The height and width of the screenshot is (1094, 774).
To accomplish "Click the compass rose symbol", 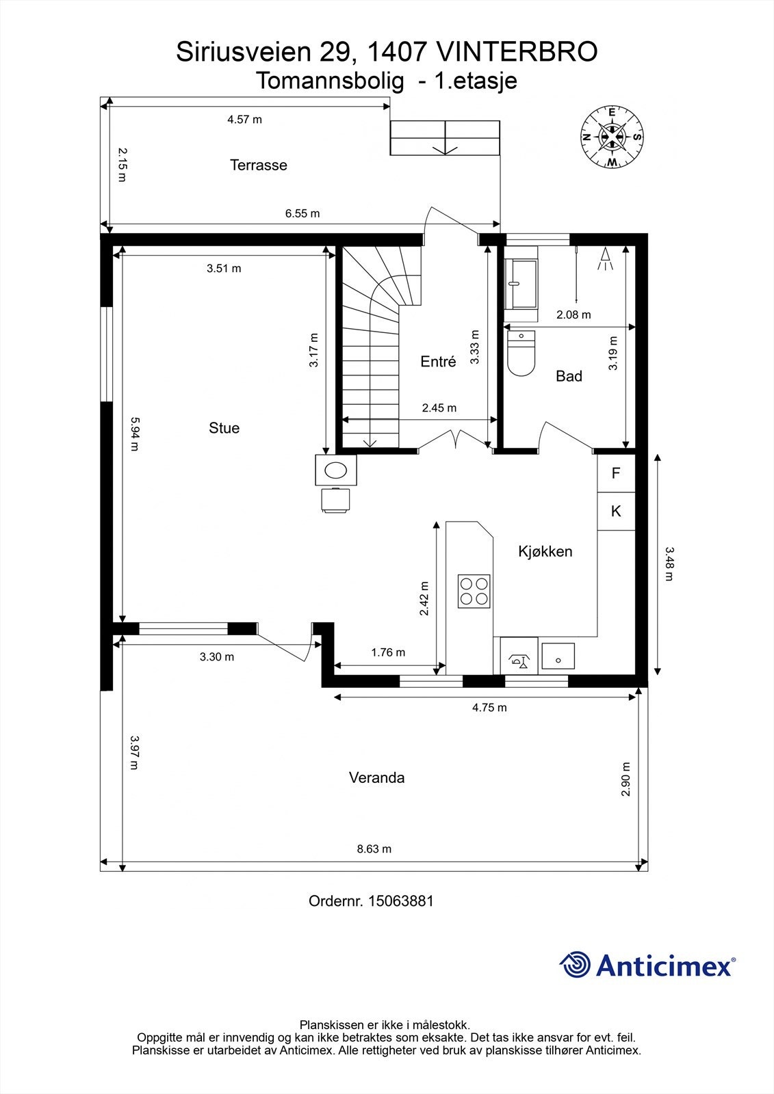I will click(612, 137).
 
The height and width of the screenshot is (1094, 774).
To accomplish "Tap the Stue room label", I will click(224, 428).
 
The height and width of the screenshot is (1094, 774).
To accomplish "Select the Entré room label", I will click(438, 362).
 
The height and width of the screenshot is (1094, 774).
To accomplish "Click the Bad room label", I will click(569, 376).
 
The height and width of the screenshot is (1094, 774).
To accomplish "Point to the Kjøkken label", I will click(545, 552).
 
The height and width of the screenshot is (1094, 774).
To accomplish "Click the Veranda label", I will click(376, 777).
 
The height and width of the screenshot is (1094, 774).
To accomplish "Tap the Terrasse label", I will click(258, 165).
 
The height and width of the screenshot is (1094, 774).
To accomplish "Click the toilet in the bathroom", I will click(521, 354).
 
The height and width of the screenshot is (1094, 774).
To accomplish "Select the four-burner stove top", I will click(474, 591).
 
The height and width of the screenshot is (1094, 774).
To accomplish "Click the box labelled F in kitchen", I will click(616, 473).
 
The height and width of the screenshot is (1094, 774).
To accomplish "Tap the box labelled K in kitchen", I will click(616, 511).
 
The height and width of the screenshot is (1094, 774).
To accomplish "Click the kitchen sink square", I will click(558, 656).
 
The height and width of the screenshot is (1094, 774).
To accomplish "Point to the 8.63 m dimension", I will click(374, 849).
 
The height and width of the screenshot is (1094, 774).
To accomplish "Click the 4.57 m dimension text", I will click(244, 120).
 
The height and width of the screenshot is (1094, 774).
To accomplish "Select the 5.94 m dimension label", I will click(135, 435).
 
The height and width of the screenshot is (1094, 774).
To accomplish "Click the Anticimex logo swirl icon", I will click(575, 965).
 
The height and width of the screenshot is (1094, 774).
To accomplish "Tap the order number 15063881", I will click(400, 901).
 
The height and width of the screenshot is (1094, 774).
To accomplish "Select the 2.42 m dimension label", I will click(424, 599).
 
